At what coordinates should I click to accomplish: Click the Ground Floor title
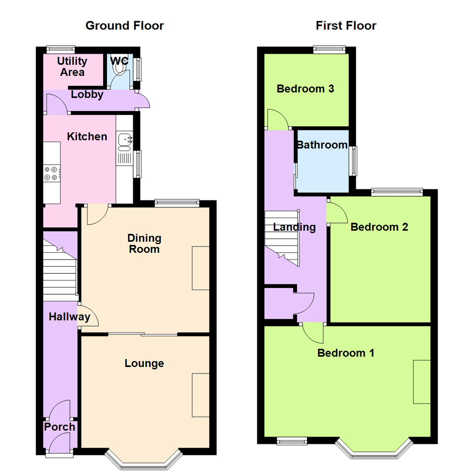coord(125,25)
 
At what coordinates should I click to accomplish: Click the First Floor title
coord(346,25)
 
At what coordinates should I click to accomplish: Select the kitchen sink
coord(124,140)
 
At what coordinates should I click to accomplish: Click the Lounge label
coord(144,363)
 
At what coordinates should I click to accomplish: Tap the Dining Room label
coord(144,244)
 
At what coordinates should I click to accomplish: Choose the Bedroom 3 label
coord(305,89)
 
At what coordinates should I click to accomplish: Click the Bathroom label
coord(322,145)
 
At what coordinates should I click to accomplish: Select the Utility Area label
coord(72,67)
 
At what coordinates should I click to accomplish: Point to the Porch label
coord(60,427)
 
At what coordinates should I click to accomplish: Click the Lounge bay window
coord(144,459)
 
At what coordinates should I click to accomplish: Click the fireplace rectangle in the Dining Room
coord(201,268)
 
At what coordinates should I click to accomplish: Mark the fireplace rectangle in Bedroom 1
coord(421,382)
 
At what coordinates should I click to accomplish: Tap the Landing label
coord(294,227)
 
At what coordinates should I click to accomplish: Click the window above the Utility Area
coord(61,49)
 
